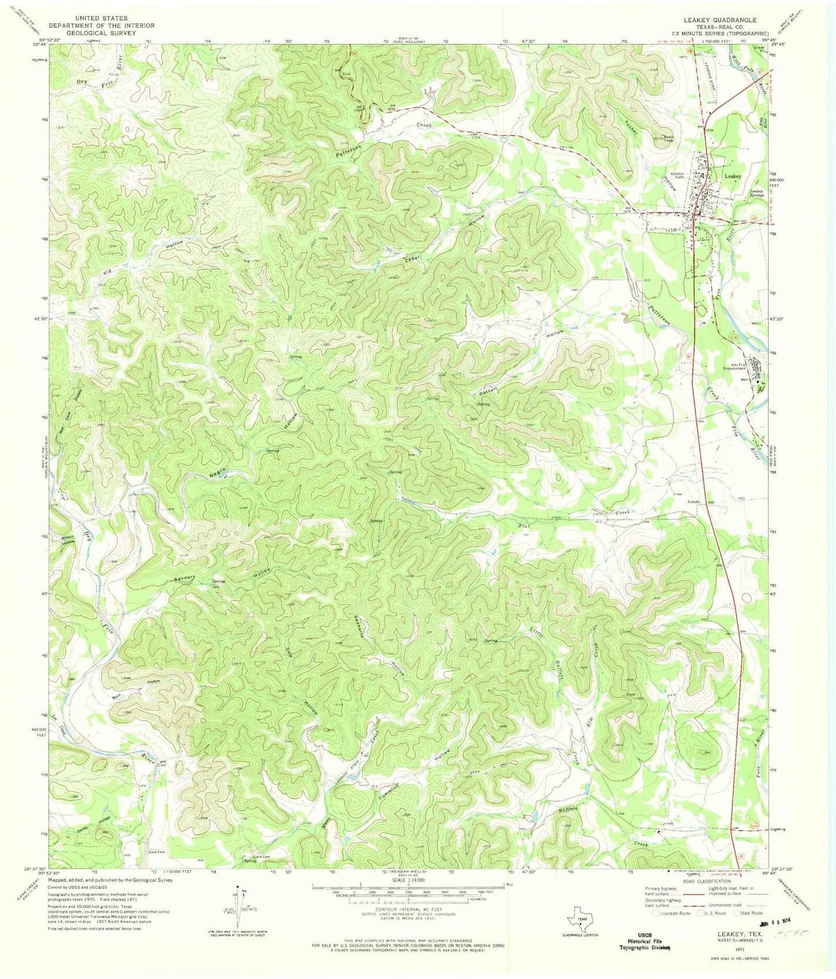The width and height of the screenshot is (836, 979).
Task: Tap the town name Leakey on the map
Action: (x=732, y=176)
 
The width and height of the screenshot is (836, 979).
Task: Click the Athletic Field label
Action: (x=677, y=175)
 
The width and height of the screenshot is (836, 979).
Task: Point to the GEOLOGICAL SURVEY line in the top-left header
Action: (x=93, y=33)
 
